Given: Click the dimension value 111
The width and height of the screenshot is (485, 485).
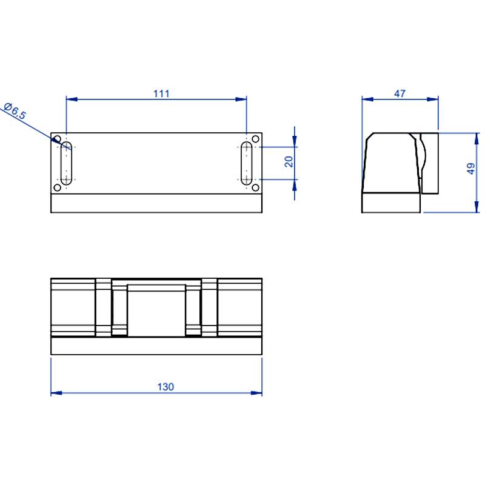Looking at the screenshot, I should point(161,93).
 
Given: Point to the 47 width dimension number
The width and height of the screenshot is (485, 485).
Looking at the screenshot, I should point(400,93).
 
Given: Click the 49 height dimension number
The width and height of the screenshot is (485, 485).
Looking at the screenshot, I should point(471,169).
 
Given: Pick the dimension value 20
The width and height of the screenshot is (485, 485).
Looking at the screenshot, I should point(289,161).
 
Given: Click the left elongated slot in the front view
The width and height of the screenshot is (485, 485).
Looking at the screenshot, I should point(66,163).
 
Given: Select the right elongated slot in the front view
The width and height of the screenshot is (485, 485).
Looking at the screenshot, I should point(247,163).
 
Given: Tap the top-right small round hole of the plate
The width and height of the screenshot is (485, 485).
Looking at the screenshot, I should point(255,139).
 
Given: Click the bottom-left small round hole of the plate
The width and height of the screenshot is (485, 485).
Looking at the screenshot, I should point(58,187).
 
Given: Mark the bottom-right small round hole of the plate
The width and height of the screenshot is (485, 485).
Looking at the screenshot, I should point(255,187).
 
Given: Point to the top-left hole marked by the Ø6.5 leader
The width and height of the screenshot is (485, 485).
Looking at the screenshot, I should point(58,139).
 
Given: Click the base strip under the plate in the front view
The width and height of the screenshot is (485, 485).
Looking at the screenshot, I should point(156,203).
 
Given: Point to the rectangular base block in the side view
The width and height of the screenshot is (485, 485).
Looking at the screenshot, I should point(391,202).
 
